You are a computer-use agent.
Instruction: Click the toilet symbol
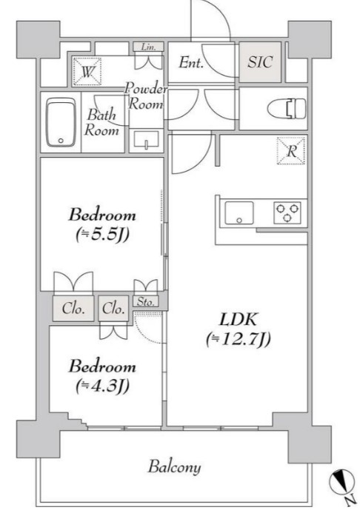click(287, 109)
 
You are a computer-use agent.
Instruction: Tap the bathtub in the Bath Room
click(61, 123)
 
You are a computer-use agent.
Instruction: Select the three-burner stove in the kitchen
click(287, 213)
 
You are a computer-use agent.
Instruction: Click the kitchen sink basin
click(239, 213)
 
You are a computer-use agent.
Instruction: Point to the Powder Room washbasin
click(146, 141)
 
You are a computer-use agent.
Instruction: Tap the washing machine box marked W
click(87, 72)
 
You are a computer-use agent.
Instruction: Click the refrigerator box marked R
click(291, 150)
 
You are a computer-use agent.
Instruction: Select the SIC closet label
click(260, 62)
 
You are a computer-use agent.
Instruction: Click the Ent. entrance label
click(191, 63)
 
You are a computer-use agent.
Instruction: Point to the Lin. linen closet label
click(148, 47)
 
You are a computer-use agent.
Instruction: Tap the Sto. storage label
click(146, 301)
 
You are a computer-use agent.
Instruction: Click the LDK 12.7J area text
click(239, 329)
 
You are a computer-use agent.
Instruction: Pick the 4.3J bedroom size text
click(102, 386)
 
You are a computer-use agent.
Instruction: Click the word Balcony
click(174, 467)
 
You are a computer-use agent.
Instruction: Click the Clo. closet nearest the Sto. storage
click(113, 309)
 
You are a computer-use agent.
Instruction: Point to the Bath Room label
click(101, 123)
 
